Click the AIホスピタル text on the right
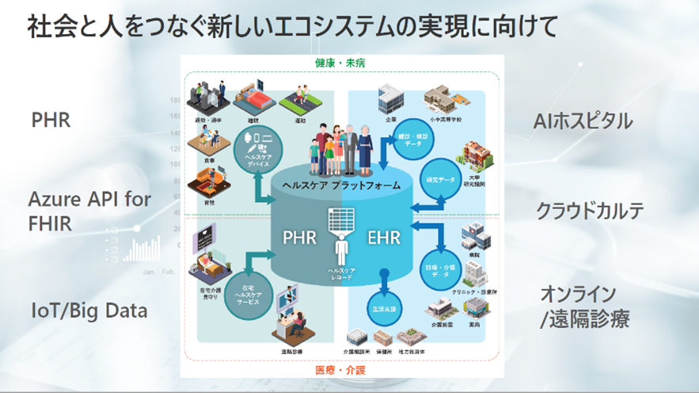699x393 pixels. [583, 121]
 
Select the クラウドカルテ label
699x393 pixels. [590, 212]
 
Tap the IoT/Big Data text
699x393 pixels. [89, 311]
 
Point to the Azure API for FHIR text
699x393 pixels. [89, 211]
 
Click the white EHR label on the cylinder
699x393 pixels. [385, 238]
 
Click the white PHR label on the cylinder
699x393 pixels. [301, 238]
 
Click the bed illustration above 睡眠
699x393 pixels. [256, 93]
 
